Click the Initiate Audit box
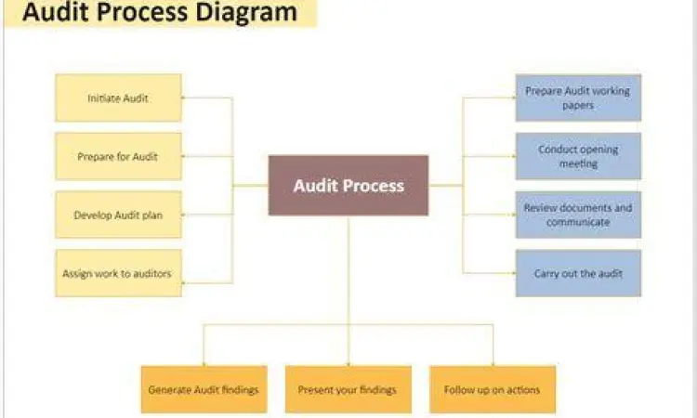click(118, 98)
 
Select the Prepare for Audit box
click(118, 156)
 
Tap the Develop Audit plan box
click(118, 215)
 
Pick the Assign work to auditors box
click(118, 273)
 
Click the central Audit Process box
click(348, 185)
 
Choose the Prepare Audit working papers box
click(578, 98)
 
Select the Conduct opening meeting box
click(578, 156)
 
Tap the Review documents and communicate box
click(578, 215)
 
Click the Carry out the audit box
click(578, 273)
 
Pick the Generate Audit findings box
click(204, 389)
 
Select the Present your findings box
click(348, 389)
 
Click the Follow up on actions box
click(493, 389)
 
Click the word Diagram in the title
click(247, 13)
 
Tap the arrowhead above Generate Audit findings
click(204, 361)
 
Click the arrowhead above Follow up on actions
click(493, 361)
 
